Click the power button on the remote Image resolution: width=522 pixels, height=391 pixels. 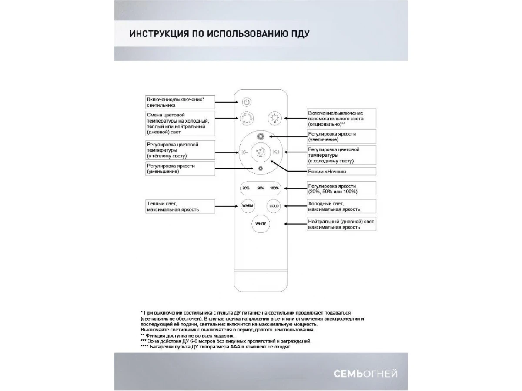point(247,102)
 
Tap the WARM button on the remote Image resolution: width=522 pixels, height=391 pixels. point(248,206)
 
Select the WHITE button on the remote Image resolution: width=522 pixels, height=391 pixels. point(261,224)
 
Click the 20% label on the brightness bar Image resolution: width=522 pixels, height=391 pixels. point(246,188)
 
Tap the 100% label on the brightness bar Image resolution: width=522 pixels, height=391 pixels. point(274,188)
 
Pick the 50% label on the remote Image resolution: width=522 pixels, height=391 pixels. point(261,188)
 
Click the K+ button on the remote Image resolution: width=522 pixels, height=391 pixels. point(277,152)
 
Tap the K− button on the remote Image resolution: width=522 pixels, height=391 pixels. point(244,152)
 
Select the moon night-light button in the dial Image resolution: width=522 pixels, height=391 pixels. point(261,152)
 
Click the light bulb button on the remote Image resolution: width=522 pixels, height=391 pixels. point(274,117)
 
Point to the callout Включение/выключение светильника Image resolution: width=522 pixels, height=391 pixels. point(180,102)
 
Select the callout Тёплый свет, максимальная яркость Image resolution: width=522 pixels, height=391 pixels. point(180,206)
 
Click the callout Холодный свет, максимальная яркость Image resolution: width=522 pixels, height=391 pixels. point(341,206)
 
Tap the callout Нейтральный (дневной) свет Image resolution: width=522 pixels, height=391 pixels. point(341,224)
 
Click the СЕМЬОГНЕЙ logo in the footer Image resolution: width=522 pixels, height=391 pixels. point(365,374)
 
